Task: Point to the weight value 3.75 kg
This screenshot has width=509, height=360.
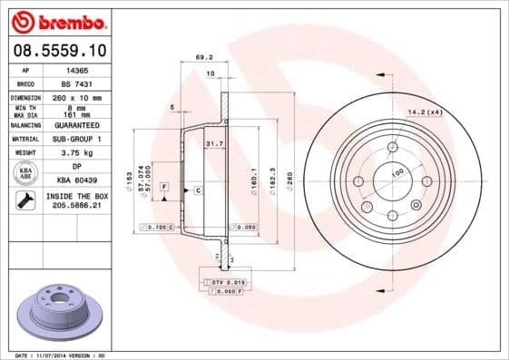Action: [77, 153]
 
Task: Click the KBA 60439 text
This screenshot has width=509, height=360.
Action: [77, 180]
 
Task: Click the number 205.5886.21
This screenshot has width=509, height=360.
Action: [77, 206]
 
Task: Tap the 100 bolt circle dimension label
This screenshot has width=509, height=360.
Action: [396, 171]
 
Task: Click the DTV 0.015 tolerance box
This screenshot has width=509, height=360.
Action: [223, 283]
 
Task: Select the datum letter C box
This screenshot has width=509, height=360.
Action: [197, 190]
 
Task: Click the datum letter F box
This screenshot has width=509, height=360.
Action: [164, 186]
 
